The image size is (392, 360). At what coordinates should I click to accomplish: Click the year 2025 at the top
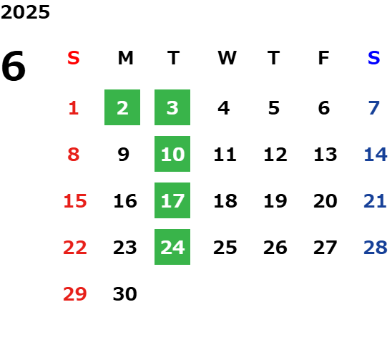coord(25,12)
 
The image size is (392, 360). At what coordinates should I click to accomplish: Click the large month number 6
coord(14,66)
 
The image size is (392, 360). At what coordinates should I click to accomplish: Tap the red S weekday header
coord(74,58)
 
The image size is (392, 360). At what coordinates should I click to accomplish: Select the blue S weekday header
coord(374,58)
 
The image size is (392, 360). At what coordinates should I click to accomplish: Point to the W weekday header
coord(227,58)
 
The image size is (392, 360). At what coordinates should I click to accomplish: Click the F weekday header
coord(324,58)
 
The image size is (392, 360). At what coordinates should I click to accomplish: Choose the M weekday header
coord(125,58)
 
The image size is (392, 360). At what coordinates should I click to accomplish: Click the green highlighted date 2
coord(122,107)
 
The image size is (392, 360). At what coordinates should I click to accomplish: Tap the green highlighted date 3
coord(172,107)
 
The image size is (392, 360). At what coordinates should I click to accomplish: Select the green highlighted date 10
coord(172,154)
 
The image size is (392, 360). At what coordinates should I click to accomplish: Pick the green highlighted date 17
coord(172,200)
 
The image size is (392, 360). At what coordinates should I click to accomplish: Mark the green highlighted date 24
coord(172,247)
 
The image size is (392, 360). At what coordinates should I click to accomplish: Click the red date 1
coord(74,108)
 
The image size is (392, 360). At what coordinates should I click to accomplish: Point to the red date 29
coord(75,294)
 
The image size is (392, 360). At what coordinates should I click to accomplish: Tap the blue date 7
coord(374,108)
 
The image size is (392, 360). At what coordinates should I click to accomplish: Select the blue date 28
coord(376,248)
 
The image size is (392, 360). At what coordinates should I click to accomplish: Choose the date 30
coord(125,294)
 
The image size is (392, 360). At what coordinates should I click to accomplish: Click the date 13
coord(325,155)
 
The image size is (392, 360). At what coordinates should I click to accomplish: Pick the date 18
coord(225,201)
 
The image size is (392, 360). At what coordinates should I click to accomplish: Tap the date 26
coord(275,248)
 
